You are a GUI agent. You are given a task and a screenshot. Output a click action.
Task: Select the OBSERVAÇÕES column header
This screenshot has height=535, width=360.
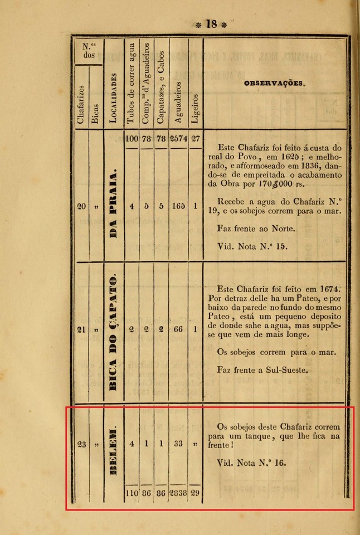pos(274,84)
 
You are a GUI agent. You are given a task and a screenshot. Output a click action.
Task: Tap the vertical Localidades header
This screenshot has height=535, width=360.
pos(114,98)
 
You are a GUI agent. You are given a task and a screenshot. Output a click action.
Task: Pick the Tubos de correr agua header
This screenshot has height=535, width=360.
pos(131,82)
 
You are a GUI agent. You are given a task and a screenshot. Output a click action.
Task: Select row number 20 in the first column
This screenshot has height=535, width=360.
pos(81,206)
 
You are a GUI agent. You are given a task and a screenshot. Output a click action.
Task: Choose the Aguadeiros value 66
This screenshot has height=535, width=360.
pos(178,329)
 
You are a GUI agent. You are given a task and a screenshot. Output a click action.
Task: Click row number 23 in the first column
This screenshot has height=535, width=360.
pos(81,444)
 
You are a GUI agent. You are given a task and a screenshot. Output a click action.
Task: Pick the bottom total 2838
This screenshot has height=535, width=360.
pos(178,493)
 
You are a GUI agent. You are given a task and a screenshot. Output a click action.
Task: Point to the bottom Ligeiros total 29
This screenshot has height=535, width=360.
pos(196,493)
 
